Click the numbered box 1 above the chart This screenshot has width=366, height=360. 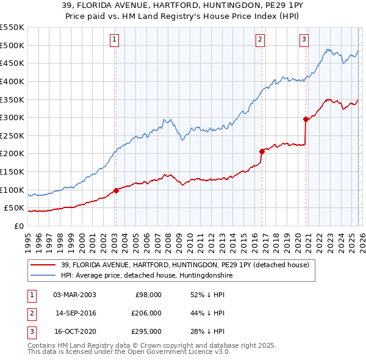tap(115, 40)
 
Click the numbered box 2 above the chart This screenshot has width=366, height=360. tap(260, 40)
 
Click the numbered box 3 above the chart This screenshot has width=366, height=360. tap(304, 40)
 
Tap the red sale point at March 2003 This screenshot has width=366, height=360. tap(116, 190)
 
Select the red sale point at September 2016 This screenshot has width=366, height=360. tap(262, 151)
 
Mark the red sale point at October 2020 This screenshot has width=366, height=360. tap(306, 119)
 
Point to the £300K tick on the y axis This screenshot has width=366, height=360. tap(13, 117)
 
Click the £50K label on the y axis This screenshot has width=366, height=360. tap(15, 208)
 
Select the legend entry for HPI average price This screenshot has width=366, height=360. tap(146, 276)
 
